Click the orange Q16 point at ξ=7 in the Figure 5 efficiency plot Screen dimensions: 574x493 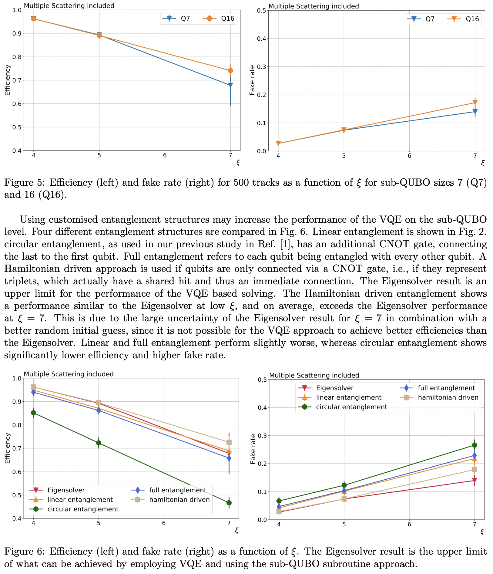click(x=230, y=71)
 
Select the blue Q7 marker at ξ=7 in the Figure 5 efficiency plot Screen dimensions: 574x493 click(x=230, y=85)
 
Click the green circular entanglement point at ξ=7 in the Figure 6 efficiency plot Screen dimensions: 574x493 click(x=229, y=503)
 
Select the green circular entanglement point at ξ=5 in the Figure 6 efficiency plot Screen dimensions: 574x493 click(x=99, y=443)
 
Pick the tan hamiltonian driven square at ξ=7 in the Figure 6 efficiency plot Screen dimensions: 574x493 click(x=229, y=442)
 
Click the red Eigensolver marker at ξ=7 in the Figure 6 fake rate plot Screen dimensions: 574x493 click(x=475, y=481)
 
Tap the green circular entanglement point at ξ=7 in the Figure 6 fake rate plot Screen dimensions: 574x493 click(x=475, y=445)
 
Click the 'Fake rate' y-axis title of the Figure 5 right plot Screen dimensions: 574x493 click(x=252, y=80)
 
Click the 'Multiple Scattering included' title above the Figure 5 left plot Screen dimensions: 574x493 click(x=69, y=5)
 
